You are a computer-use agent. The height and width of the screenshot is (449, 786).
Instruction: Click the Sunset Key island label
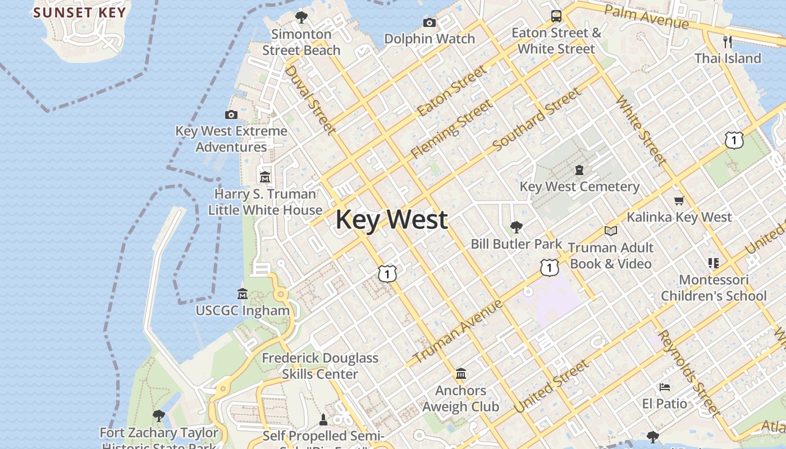79,12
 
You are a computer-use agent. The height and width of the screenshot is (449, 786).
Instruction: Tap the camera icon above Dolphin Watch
429,22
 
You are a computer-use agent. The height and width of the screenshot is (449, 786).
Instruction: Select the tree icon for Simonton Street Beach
301,17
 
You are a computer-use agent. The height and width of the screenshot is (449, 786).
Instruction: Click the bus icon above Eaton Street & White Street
556,16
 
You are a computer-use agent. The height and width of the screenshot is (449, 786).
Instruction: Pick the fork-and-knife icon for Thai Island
728,42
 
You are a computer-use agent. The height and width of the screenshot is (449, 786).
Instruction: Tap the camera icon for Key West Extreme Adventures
231,114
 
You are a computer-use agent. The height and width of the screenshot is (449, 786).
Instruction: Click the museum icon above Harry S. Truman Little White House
265,177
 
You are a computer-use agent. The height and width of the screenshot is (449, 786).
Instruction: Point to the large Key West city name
391,219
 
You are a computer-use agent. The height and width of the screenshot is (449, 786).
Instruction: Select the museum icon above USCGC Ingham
243,294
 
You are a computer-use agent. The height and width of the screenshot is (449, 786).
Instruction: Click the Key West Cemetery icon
579,169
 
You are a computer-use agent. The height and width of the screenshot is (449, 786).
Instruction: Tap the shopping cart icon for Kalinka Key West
679,200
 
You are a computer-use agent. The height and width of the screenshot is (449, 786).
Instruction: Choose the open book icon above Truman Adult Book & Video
611,231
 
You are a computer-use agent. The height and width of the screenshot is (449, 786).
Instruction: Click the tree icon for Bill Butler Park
516,227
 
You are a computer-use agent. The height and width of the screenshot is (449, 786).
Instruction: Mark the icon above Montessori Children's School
714,263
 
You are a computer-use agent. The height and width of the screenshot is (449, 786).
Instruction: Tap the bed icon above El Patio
665,387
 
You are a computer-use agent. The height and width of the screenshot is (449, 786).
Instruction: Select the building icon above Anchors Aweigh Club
461,373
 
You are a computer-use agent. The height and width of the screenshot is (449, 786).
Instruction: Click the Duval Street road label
310,100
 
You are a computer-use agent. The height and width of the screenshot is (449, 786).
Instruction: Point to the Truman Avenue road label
458,331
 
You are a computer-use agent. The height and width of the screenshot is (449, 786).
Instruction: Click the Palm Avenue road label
646,17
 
